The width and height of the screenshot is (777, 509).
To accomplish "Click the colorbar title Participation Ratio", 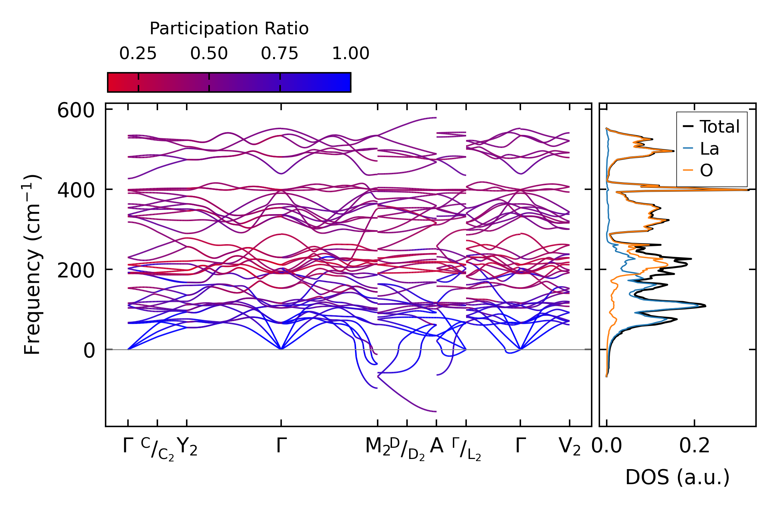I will [x=229, y=29].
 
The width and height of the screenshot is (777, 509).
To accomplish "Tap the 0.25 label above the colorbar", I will [x=138, y=54].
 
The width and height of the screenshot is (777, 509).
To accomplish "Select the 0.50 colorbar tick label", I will [x=209, y=54].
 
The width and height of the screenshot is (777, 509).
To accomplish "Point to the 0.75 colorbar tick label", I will [x=279, y=54].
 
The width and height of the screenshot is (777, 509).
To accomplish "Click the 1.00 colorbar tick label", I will [x=350, y=54].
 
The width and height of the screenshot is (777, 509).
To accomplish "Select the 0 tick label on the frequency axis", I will [x=89, y=351].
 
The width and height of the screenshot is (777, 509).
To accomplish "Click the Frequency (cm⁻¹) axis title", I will [x=33, y=265].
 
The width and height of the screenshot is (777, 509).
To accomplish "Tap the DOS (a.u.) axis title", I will [x=677, y=477].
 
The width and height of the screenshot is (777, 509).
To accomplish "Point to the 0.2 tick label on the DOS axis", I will [x=694, y=446].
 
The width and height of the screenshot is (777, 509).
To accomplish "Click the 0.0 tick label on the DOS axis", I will [x=607, y=446].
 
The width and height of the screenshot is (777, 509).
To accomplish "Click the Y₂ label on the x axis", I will [x=187, y=447].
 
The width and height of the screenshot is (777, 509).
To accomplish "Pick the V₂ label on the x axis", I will [x=570, y=447].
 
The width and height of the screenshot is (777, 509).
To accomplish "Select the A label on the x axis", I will [x=436, y=446].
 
